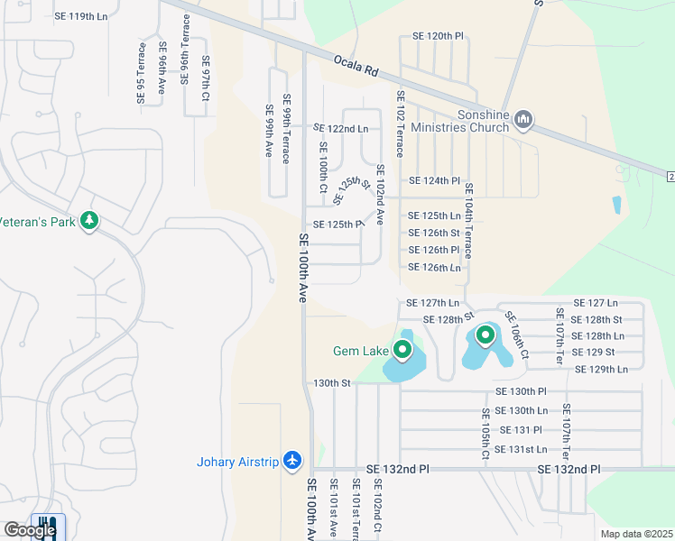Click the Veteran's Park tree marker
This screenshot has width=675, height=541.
[x=88, y=220]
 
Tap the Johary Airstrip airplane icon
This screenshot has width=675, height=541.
[x=291, y=461]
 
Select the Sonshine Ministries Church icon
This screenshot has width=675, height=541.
[x=523, y=120]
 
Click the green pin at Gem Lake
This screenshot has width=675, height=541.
[x=402, y=348]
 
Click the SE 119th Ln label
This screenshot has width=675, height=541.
[x=80, y=16]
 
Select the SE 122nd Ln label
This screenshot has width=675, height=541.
[x=341, y=129]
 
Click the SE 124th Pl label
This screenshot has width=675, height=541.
[x=434, y=180]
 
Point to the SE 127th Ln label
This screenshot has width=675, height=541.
[x=433, y=303]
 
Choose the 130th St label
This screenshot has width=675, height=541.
[x=331, y=383]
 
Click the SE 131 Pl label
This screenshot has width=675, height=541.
[x=521, y=430]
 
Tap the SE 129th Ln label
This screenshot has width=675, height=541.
[x=601, y=369]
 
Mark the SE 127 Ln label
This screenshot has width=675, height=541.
[x=596, y=303]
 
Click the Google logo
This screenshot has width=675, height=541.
[x=29, y=530]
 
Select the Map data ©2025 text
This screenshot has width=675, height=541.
[x=636, y=534]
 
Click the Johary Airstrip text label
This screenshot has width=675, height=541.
[x=238, y=463]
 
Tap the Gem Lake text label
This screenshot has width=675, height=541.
[x=361, y=351]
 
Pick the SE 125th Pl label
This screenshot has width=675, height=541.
[x=337, y=225]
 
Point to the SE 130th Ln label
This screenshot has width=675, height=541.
[x=522, y=410]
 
